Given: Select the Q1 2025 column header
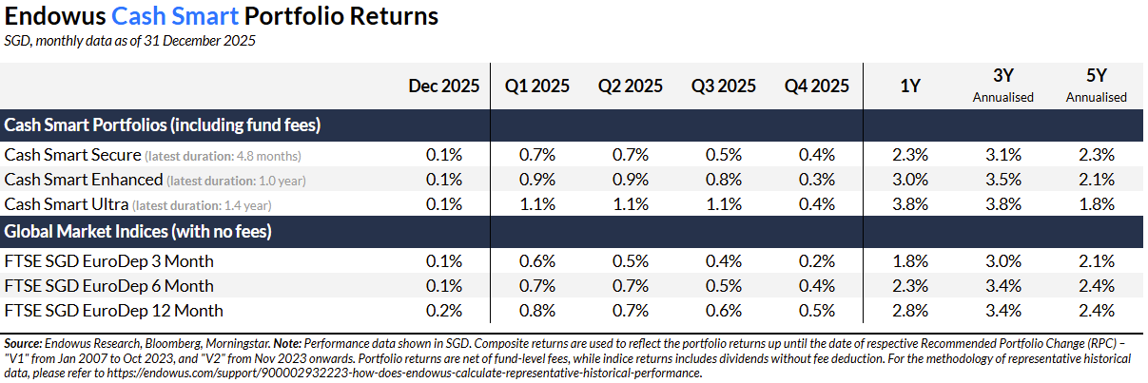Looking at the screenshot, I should tap(536, 86).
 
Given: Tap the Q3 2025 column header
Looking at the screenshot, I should tap(724, 86).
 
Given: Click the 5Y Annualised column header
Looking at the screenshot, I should tap(1096, 86).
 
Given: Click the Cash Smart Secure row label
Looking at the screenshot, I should tap(73, 154).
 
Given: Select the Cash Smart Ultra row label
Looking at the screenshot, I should tap(66, 203).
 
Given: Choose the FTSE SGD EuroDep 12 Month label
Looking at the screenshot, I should tap(114, 310).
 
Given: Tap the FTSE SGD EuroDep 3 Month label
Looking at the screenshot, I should tap(109, 260).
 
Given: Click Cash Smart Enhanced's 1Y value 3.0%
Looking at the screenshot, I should tap(910, 179).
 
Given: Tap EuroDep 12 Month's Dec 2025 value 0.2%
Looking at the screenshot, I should tap(444, 310).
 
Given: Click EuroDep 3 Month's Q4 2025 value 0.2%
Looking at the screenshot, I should tap(817, 260).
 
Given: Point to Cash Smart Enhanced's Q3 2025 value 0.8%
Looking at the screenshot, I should tap(724, 179).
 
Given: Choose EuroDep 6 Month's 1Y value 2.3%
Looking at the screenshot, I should tap(910, 285).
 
